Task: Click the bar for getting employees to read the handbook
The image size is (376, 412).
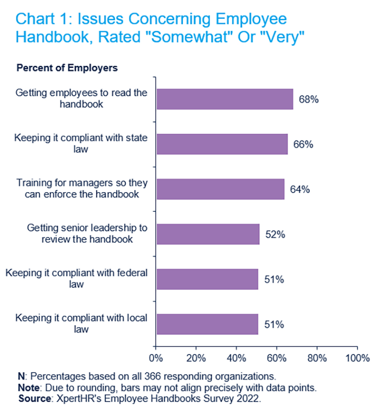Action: click(225, 99)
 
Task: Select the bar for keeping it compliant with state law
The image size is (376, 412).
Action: click(222, 144)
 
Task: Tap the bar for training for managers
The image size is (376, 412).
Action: click(220, 189)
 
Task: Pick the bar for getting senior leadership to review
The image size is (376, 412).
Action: click(208, 234)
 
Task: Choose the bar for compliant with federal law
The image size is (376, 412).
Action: click(207, 280)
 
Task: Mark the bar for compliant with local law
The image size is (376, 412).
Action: click(207, 325)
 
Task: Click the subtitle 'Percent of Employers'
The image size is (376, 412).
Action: click(67, 68)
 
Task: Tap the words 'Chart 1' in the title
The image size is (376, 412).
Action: click(41, 20)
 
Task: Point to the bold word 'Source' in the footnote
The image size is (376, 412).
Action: click(34, 398)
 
